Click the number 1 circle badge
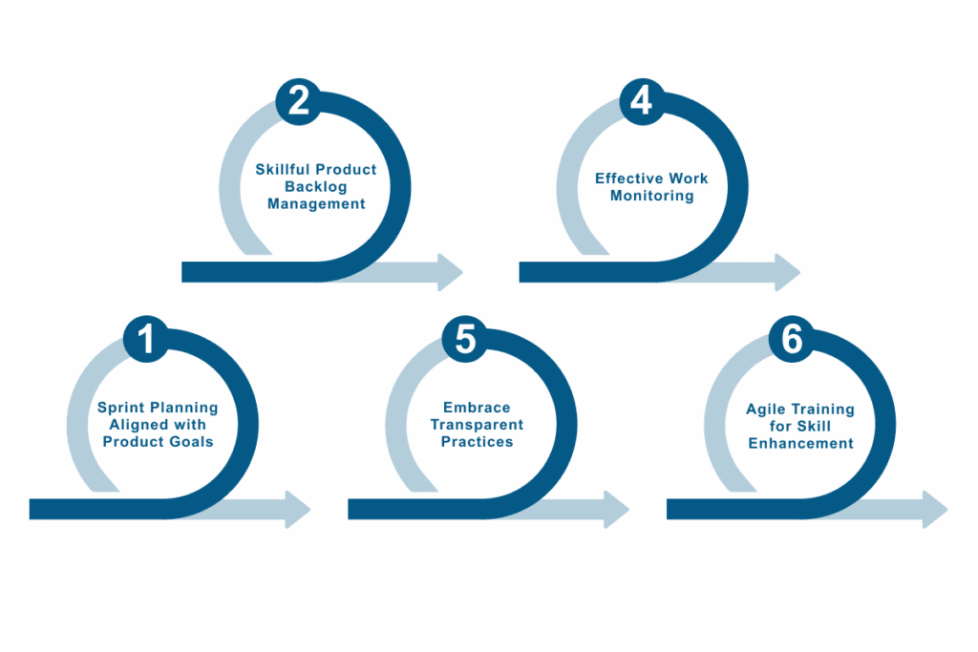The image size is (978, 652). coord(146,341)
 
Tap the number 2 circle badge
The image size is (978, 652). coord(299,99)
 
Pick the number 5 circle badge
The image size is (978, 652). coord(465,341)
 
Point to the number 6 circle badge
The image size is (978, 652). coord(791,341)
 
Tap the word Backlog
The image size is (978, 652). coord(316,187)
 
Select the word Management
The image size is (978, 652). coord(316,204)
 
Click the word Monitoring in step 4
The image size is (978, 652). coord(652,196)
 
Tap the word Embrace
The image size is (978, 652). coord(477,408)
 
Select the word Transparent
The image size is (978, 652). coord(477,425)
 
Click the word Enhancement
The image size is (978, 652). coord(800,443)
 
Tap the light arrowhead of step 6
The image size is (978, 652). coord(935,509)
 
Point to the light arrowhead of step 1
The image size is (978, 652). coord(298,509)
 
